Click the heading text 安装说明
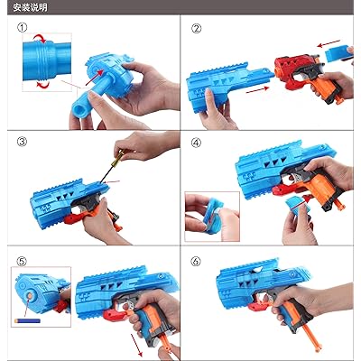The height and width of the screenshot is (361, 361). coord(30,7)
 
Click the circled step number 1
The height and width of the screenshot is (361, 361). coord(22,28)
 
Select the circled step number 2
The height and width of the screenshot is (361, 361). coord(197,29)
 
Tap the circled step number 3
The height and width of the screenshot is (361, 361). coord(22,142)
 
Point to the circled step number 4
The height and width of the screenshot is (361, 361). coord(197,143)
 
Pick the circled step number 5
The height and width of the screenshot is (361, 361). coord(22,262)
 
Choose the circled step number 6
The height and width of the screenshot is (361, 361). coord(196,261)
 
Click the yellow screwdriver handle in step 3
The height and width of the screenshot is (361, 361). coord(117,158)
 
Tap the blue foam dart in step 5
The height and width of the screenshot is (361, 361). coord(27,321)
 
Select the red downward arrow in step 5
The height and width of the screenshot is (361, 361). coord(136,346)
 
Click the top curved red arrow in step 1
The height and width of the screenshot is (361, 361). coord(40,38)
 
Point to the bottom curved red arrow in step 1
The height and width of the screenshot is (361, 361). coord(42,85)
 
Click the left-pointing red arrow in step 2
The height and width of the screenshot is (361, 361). coord(329,43)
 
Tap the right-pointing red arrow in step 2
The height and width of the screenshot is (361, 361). coord(257,89)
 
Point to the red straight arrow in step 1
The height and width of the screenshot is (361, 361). coord(95,78)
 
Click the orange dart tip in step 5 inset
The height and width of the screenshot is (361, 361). coord(30,297)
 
